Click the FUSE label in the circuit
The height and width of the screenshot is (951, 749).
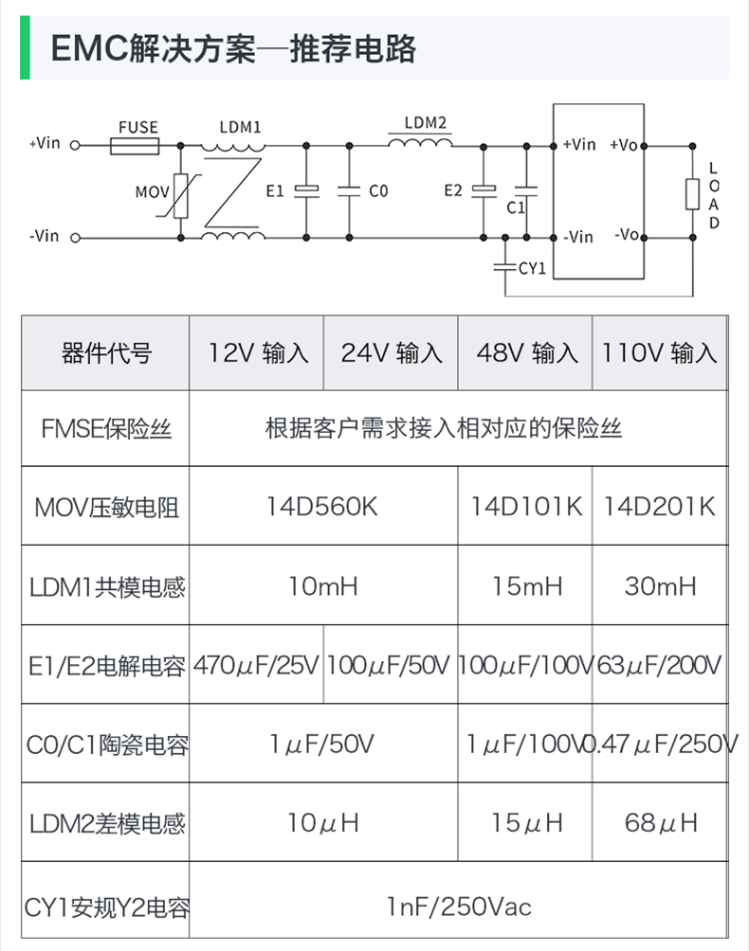(x=138, y=127)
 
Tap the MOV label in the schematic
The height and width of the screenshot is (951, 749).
(x=151, y=190)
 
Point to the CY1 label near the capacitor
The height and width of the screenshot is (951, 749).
(x=532, y=268)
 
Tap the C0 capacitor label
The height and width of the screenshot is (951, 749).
(x=378, y=190)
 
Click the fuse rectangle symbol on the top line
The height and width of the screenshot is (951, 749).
(x=135, y=146)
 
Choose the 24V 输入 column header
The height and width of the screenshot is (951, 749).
(x=392, y=353)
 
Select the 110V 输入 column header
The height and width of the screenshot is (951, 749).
(x=660, y=353)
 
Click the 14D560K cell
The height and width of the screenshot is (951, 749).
(x=322, y=506)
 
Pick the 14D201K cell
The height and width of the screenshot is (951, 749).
(x=660, y=506)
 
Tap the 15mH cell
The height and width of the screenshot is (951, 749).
(x=526, y=586)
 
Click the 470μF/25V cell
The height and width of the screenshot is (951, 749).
(x=256, y=665)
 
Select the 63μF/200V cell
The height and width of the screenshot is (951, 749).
(x=660, y=665)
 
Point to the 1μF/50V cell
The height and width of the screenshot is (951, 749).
(x=322, y=744)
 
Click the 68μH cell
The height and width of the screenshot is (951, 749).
(x=660, y=822)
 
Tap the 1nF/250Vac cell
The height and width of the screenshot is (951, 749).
(x=459, y=907)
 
